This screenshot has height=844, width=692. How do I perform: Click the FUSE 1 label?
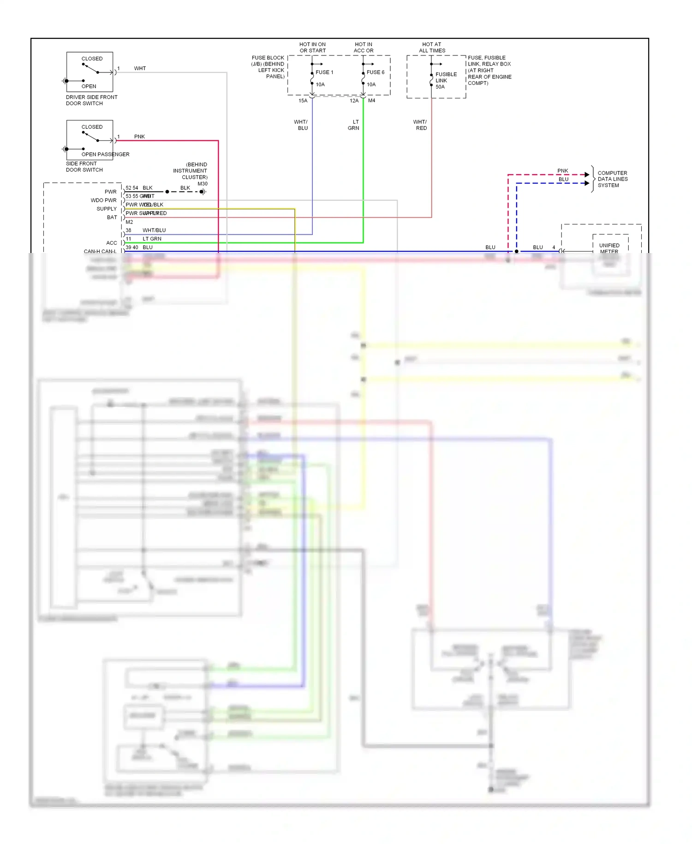coord(324,72)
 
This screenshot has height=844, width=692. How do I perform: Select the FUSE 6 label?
coord(375,72)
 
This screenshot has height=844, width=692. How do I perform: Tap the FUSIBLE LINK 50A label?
coord(445,80)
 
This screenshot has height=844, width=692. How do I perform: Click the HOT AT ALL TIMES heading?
coord(432,48)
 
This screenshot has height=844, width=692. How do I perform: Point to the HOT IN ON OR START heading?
coord(312,48)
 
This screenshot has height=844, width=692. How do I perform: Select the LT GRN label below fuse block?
coord(354,125)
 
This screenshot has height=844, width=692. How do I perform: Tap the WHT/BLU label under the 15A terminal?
coord(301,125)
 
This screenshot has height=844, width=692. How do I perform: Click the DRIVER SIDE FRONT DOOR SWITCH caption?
coord(91,100)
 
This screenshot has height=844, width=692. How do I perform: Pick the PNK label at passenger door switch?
coord(139,137)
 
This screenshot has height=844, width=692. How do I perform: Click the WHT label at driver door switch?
coord(140,68)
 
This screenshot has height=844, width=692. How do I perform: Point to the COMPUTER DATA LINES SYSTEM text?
coord(612,179)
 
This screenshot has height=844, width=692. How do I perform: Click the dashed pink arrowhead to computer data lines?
coord(587,175)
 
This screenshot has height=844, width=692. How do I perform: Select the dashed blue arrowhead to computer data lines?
coord(587,183)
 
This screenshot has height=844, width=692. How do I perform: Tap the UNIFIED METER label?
coord(609,248)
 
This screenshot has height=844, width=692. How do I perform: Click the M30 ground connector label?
coord(203,184)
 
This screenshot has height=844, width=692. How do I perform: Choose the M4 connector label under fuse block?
coord(371,101)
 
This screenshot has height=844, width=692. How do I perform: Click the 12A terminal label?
coord(354,101)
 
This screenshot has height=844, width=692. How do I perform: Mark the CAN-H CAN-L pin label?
coord(100,251)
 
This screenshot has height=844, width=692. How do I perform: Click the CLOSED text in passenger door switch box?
coord(92,127)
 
